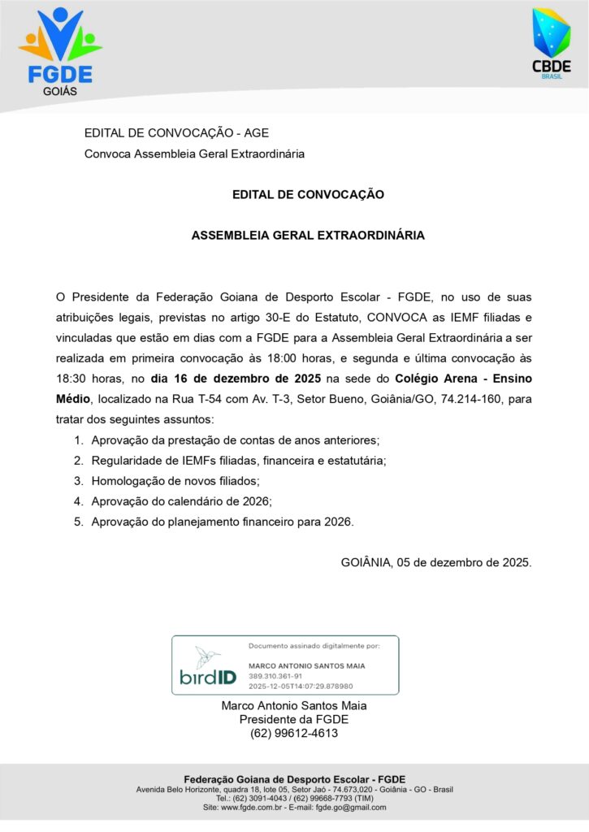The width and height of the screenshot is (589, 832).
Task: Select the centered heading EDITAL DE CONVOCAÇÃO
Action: (x=307, y=194)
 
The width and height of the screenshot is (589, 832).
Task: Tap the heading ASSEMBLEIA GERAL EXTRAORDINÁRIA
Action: (x=307, y=236)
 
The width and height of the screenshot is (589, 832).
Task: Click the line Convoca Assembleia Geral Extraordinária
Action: (x=195, y=154)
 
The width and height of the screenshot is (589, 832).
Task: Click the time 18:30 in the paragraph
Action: (x=71, y=379)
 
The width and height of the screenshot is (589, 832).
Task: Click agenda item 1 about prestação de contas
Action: (x=236, y=440)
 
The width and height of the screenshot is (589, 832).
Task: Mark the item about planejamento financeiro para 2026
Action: (x=223, y=522)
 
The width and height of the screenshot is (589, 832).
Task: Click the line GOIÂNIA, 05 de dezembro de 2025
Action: (x=436, y=562)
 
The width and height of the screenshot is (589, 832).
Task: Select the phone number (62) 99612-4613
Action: (x=294, y=733)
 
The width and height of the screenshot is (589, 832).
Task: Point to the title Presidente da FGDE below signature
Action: (x=294, y=719)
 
